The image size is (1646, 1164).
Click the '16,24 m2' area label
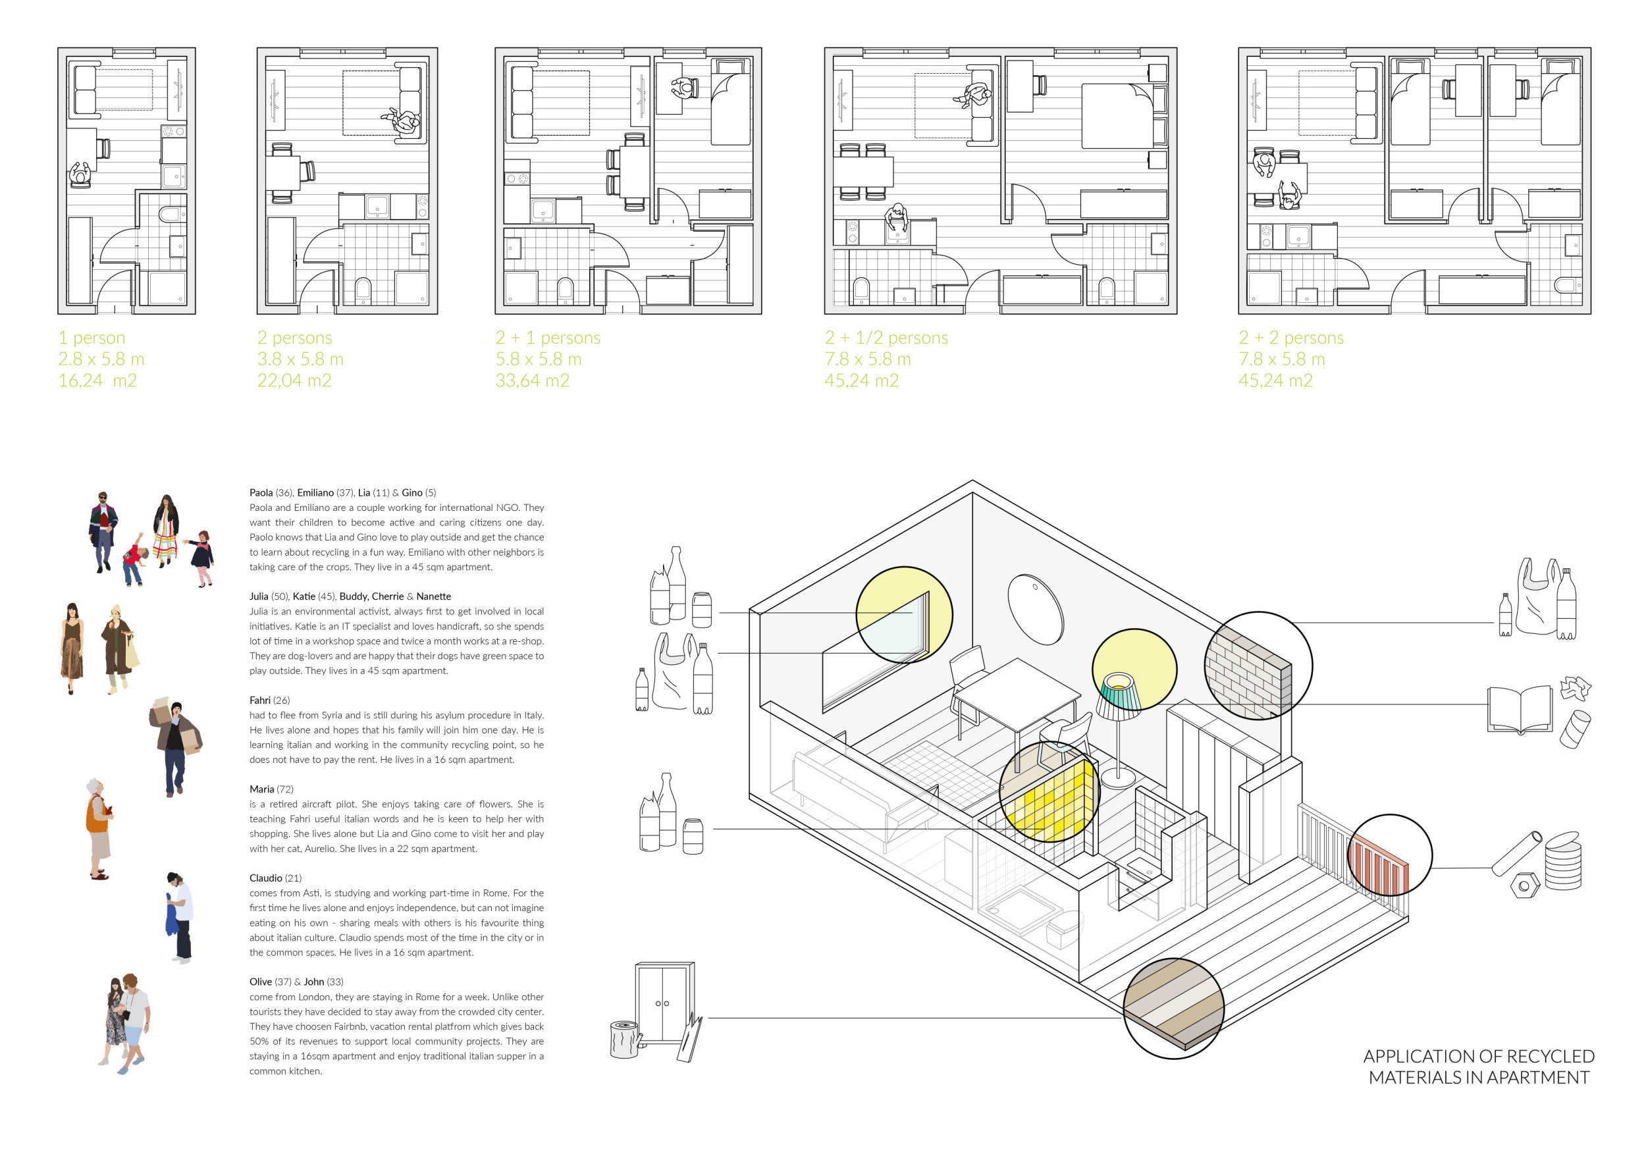point(97,381)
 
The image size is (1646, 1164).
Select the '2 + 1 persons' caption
point(548,338)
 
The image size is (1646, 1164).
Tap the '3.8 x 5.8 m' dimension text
point(300,359)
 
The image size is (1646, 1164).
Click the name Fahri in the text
point(259,701)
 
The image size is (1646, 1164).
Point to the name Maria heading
point(261,789)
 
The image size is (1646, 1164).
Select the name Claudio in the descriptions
point(266,878)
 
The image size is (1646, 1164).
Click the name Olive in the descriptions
point(261,982)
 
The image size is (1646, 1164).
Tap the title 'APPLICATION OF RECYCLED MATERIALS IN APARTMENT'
point(1478,1067)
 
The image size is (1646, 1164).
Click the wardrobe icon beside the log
point(664,1003)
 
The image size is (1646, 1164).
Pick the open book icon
point(1520,710)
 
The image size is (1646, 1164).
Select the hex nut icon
point(1524,886)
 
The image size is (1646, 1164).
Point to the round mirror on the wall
point(1035,608)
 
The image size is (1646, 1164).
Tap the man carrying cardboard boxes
point(175,746)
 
